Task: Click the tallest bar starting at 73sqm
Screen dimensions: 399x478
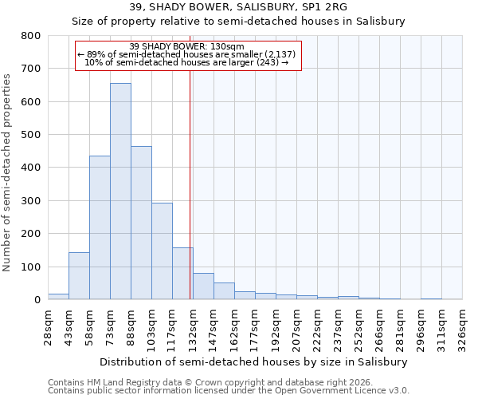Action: coord(120,192)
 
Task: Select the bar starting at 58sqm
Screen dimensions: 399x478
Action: coord(100,227)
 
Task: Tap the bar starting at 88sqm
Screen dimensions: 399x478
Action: coord(141,223)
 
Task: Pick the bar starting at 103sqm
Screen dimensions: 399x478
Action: coord(162,251)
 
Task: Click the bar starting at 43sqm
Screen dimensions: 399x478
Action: coord(79,276)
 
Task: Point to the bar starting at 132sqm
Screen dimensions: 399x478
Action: coord(203,286)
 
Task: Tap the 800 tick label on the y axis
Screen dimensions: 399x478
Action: coord(30,36)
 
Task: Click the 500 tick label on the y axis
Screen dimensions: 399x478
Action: coord(30,135)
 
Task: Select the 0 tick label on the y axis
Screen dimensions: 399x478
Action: coord(37,300)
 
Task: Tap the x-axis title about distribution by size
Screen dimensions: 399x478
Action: coord(254,361)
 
